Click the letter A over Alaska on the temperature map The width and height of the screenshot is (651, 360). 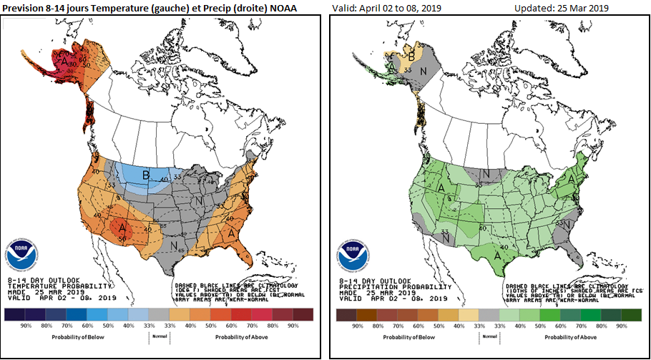[x=65, y=62]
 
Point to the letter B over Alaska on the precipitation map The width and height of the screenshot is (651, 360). [x=411, y=54]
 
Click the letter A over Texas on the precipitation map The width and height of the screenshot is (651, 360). [x=496, y=253]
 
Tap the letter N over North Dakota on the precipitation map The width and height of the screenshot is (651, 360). [x=485, y=173]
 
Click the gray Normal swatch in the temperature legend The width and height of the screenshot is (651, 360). [x=160, y=313]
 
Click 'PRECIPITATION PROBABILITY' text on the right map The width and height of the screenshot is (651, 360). [x=379, y=286]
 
